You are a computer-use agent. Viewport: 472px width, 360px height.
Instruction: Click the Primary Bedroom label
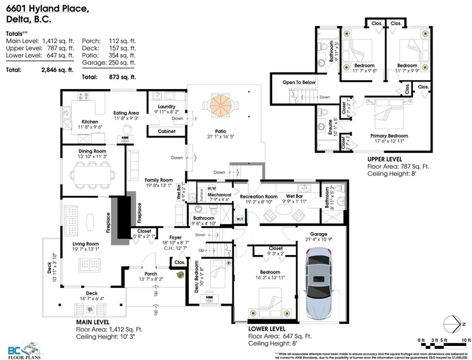pos(389,135)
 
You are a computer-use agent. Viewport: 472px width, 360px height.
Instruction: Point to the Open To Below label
pos(299,83)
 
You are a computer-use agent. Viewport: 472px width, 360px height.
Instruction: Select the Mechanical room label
pos(219,194)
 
